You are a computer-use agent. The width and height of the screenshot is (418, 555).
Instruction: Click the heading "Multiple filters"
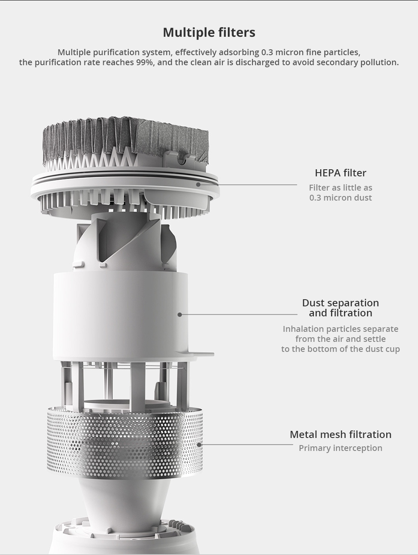tap(209, 32)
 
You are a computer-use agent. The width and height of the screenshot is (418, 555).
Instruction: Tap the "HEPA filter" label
tap(340, 173)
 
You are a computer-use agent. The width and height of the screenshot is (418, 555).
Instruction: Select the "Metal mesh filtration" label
tap(340, 434)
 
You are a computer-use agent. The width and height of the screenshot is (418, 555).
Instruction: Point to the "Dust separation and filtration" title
tap(340, 308)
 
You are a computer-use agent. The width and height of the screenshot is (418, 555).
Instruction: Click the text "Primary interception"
tap(340, 448)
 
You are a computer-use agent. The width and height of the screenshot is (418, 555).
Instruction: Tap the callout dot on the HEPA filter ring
tap(198, 185)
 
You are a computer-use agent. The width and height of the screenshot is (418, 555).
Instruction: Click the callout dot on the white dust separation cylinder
tap(180, 315)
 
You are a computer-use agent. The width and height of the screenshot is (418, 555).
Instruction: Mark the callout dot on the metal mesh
tap(199, 445)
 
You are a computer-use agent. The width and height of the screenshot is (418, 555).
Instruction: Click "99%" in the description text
tap(145, 62)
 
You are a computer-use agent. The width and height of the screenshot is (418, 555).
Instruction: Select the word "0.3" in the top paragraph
tap(267, 52)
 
